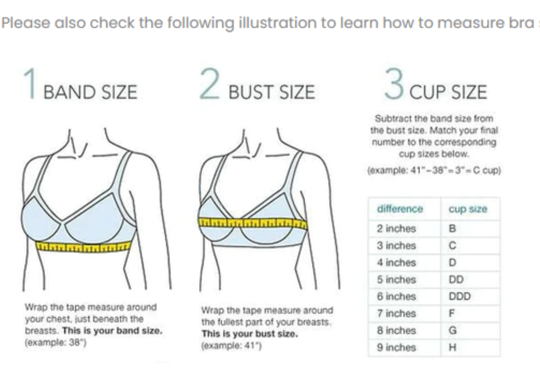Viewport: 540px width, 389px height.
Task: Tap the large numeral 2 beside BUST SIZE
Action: click(x=210, y=84)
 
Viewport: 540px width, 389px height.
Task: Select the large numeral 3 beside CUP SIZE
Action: click(x=394, y=84)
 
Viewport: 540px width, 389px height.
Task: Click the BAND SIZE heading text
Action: click(x=90, y=92)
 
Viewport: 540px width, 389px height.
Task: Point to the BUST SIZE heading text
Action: click(x=272, y=92)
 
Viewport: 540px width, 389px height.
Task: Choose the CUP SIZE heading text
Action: click(x=448, y=92)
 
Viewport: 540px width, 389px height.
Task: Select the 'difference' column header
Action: click(x=400, y=209)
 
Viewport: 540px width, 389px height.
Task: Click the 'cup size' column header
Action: click(x=468, y=209)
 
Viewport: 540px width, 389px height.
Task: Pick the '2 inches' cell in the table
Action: click(x=396, y=229)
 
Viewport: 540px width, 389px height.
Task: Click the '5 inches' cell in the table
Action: click(x=396, y=280)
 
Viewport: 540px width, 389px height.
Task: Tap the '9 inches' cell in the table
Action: click(x=396, y=348)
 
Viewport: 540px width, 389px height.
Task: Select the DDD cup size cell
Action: click(x=460, y=296)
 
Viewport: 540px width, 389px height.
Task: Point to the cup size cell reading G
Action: click(x=453, y=330)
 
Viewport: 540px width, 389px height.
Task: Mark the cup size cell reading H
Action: click(x=453, y=348)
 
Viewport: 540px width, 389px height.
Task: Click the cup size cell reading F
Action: click(x=452, y=313)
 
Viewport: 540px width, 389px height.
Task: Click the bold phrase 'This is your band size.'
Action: click(x=112, y=331)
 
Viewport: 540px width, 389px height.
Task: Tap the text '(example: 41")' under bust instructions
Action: click(x=231, y=346)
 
